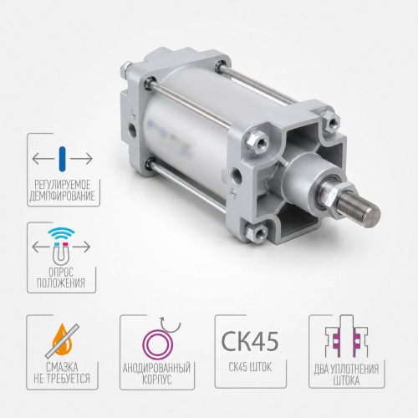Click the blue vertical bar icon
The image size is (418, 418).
(x=63, y=159)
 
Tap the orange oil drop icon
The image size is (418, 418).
(x=63, y=339)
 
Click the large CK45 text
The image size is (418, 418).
(x=250, y=341)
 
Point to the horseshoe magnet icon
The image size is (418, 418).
(x=61, y=253)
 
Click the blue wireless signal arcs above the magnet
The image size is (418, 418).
(x=61, y=233)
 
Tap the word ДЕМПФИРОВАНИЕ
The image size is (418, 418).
(x=62, y=196)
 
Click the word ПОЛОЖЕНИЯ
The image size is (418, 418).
(x=61, y=283)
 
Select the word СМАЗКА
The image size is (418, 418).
(x=62, y=367)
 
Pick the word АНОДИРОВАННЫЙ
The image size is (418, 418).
(x=156, y=368)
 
